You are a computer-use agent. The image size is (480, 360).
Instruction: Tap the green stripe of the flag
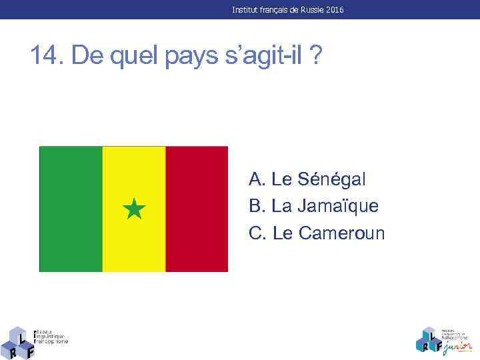point(71,209)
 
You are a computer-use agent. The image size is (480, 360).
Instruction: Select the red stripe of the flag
point(197,209)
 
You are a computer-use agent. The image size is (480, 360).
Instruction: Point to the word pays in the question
point(181,57)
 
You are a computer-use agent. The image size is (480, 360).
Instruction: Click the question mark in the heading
point(313,55)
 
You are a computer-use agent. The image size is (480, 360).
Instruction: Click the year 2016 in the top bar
point(335,10)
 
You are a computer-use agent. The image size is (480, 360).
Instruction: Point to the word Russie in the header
point(305,10)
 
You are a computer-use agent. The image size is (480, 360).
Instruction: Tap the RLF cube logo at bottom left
point(18,343)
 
